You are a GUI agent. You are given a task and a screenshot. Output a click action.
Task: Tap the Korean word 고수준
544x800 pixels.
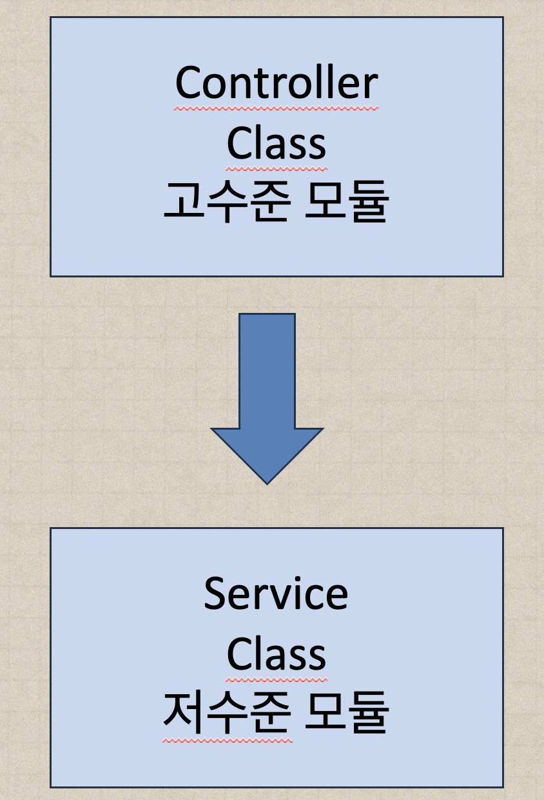(226, 201)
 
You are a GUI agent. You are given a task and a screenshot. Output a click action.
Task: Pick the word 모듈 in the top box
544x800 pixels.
(345, 201)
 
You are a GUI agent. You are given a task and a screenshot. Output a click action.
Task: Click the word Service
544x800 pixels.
(276, 594)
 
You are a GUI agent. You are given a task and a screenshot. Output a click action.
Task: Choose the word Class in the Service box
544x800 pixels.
(276, 654)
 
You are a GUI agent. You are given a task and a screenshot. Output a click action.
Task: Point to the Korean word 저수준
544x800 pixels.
(226, 712)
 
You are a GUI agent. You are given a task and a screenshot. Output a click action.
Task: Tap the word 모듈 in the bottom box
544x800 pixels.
(345, 712)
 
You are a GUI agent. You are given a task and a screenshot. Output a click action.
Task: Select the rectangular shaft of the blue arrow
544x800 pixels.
(267, 371)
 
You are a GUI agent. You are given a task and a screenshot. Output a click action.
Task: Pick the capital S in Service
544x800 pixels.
(215, 594)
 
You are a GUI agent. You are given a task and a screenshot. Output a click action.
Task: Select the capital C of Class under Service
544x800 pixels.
(238, 654)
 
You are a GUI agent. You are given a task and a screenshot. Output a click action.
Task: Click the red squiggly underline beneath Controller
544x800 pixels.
(276, 108)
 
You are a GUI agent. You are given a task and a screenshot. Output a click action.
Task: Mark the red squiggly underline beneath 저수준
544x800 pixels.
(227, 739)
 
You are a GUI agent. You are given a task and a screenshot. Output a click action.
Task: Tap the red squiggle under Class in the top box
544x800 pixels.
(276, 168)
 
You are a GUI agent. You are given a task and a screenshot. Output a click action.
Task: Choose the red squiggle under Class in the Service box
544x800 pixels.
(276, 679)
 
